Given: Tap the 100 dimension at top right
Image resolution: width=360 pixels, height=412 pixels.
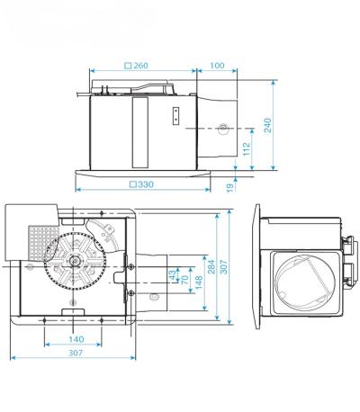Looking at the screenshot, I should (217, 66).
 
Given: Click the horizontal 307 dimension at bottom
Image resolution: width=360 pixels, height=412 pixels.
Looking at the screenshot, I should (75, 354).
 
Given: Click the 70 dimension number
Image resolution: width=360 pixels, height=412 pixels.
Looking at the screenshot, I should (186, 278).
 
